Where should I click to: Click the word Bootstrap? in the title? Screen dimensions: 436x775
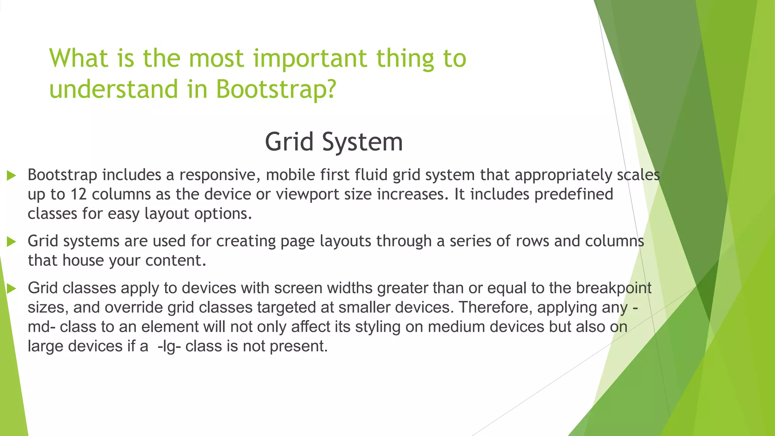pyautogui.click(x=276, y=89)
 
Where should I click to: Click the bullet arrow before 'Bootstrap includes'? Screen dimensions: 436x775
pyautogui.click(x=11, y=175)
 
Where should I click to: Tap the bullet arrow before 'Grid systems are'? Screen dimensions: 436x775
pyautogui.click(x=11, y=241)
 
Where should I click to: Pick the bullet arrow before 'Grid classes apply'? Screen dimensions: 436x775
pyautogui.click(x=11, y=289)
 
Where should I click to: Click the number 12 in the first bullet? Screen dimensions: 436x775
pyautogui.click(x=79, y=195)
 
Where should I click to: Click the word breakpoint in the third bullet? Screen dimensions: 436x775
pyautogui.click(x=613, y=288)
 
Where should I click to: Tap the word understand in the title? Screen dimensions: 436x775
pyautogui.click(x=114, y=89)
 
